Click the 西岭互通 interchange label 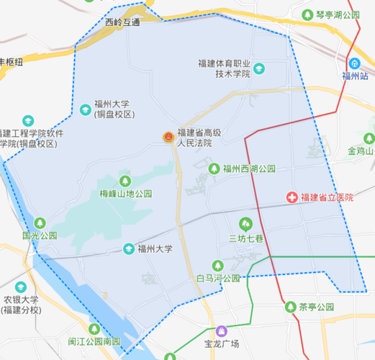tap(122, 22)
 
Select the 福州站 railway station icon tap(354, 62)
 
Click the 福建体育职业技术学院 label tap(224, 68)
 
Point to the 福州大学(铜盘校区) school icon tap(86, 109)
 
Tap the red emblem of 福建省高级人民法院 tap(167, 137)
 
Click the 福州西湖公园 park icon tap(214, 168)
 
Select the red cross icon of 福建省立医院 tap(292, 197)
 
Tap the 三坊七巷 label tap(247, 238)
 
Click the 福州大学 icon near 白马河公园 tap(128, 249)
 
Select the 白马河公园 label tap(218, 278)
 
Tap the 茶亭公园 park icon tap(290, 307)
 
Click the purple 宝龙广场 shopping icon tap(222, 330)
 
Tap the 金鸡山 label tap(361, 151)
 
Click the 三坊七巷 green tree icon tap(246, 224)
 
